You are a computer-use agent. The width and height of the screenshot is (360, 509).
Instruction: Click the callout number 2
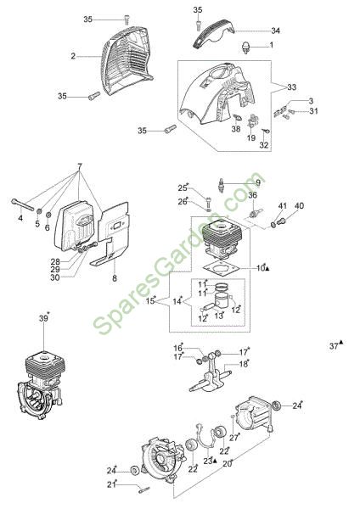pyautogui.click(x=73, y=56)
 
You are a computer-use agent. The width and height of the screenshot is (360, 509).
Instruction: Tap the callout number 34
pyautogui.click(x=276, y=31)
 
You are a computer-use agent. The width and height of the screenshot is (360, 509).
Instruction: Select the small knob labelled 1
pyautogui.click(x=247, y=47)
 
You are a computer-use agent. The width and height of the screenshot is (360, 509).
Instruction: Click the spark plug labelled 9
pyautogui.click(x=221, y=185)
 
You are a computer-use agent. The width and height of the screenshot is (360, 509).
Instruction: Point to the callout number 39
pyautogui.click(x=43, y=318)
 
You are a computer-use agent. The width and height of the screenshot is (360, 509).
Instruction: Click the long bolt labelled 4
pyautogui.click(x=23, y=205)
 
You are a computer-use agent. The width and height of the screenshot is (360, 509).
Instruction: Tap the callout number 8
pyautogui.click(x=115, y=278)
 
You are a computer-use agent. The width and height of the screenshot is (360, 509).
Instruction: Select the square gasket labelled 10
pyautogui.click(x=222, y=268)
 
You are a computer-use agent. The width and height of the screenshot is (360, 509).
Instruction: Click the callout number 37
pyautogui.click(x=334, y=346)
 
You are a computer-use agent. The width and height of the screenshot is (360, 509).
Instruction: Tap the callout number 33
pyautogui.click(x=291, y=87)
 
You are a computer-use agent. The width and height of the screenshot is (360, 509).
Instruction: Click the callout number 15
pyautogui.click(x=150, y=301)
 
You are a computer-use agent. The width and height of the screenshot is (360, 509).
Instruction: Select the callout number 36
pyautogui.click(x=252, y=195)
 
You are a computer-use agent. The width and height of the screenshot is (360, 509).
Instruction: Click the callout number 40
pyautogui.click(x=299, y=206)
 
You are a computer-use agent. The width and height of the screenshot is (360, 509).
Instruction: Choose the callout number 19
pyautogui.click(x=250, y=138)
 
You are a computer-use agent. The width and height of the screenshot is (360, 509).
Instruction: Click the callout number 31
pyautogui.click(x=313, y=111)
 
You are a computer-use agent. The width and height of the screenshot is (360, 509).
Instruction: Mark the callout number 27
pyautogui.click(x=234, y=438)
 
